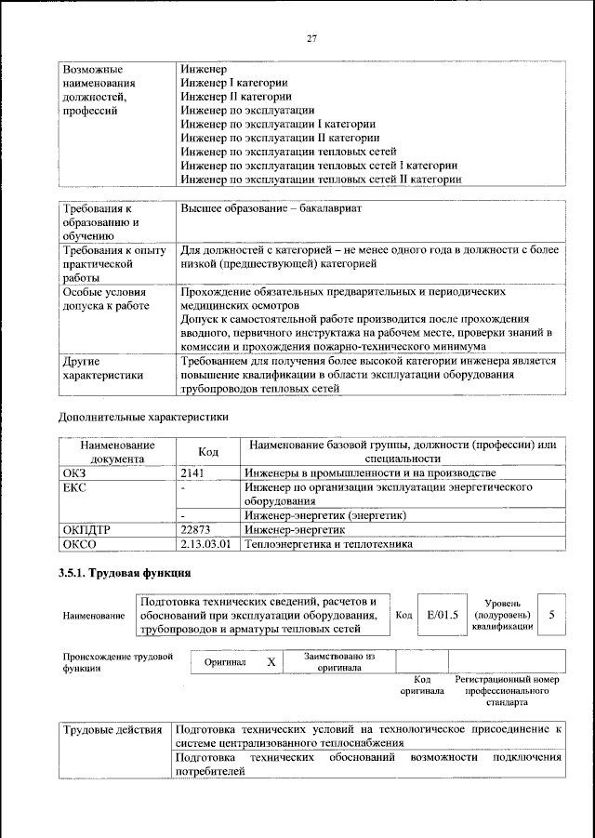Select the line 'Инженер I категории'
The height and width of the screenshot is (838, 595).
click(233, 83)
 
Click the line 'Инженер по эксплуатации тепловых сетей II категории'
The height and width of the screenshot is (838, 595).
click(321, 179)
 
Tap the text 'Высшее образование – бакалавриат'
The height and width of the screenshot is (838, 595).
click(271, 208)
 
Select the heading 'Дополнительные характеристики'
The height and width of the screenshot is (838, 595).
click(143, 417)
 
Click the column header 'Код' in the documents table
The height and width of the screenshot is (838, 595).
click(208, 452)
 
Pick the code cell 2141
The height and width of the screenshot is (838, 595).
click(192, 473)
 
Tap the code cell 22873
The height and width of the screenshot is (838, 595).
click(196, 529)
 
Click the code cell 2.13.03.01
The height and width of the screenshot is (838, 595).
click(205, 544)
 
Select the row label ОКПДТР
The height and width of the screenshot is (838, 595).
click(86, 529)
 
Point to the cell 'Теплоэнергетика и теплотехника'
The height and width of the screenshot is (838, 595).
click(328, 544)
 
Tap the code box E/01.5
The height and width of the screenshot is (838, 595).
click(442, 615)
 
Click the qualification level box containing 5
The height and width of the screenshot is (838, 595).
click(551, 615)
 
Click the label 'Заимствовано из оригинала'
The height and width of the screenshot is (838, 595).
click(339, 661)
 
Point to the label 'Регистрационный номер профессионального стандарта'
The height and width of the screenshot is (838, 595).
click(507, 691)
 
